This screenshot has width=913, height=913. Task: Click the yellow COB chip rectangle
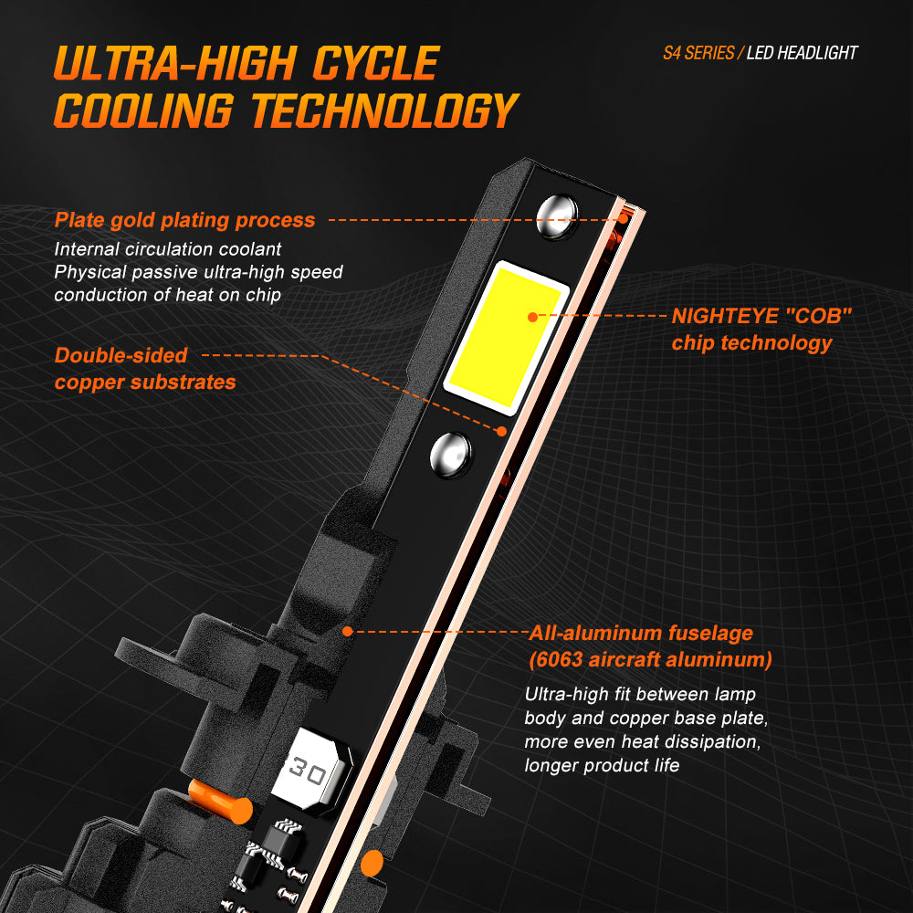(x=506, y=338)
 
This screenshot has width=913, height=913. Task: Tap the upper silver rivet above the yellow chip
(x=557, y=216)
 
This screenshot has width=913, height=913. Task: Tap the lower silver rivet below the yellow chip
(x=451, y=456)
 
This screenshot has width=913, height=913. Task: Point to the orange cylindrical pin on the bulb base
(x=221, y=802)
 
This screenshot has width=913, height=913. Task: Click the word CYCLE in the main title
(x=375, y=64)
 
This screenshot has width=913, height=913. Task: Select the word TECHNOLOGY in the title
(x=385, y=110)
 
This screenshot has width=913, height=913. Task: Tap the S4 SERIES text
(x=698, y=53)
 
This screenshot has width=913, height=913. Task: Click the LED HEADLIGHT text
(x=802, y=53)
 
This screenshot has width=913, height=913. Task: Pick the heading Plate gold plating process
(x=184, y=220)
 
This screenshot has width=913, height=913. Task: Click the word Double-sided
(x=121, y=355)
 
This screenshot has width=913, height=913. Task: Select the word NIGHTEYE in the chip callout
(x=725, y=316)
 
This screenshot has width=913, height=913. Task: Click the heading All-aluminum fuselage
(x=641, y=633)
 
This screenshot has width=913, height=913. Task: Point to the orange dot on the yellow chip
(x=533, y=317)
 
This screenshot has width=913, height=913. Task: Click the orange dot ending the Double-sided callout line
(x=501, y=432)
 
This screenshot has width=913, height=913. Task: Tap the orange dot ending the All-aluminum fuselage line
(x=348, y=631)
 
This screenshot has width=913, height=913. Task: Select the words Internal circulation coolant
(x=168, y=249)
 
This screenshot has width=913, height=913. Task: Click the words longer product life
(x=602, y=765)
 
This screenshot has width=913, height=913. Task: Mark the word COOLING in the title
(x=144, y=110)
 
